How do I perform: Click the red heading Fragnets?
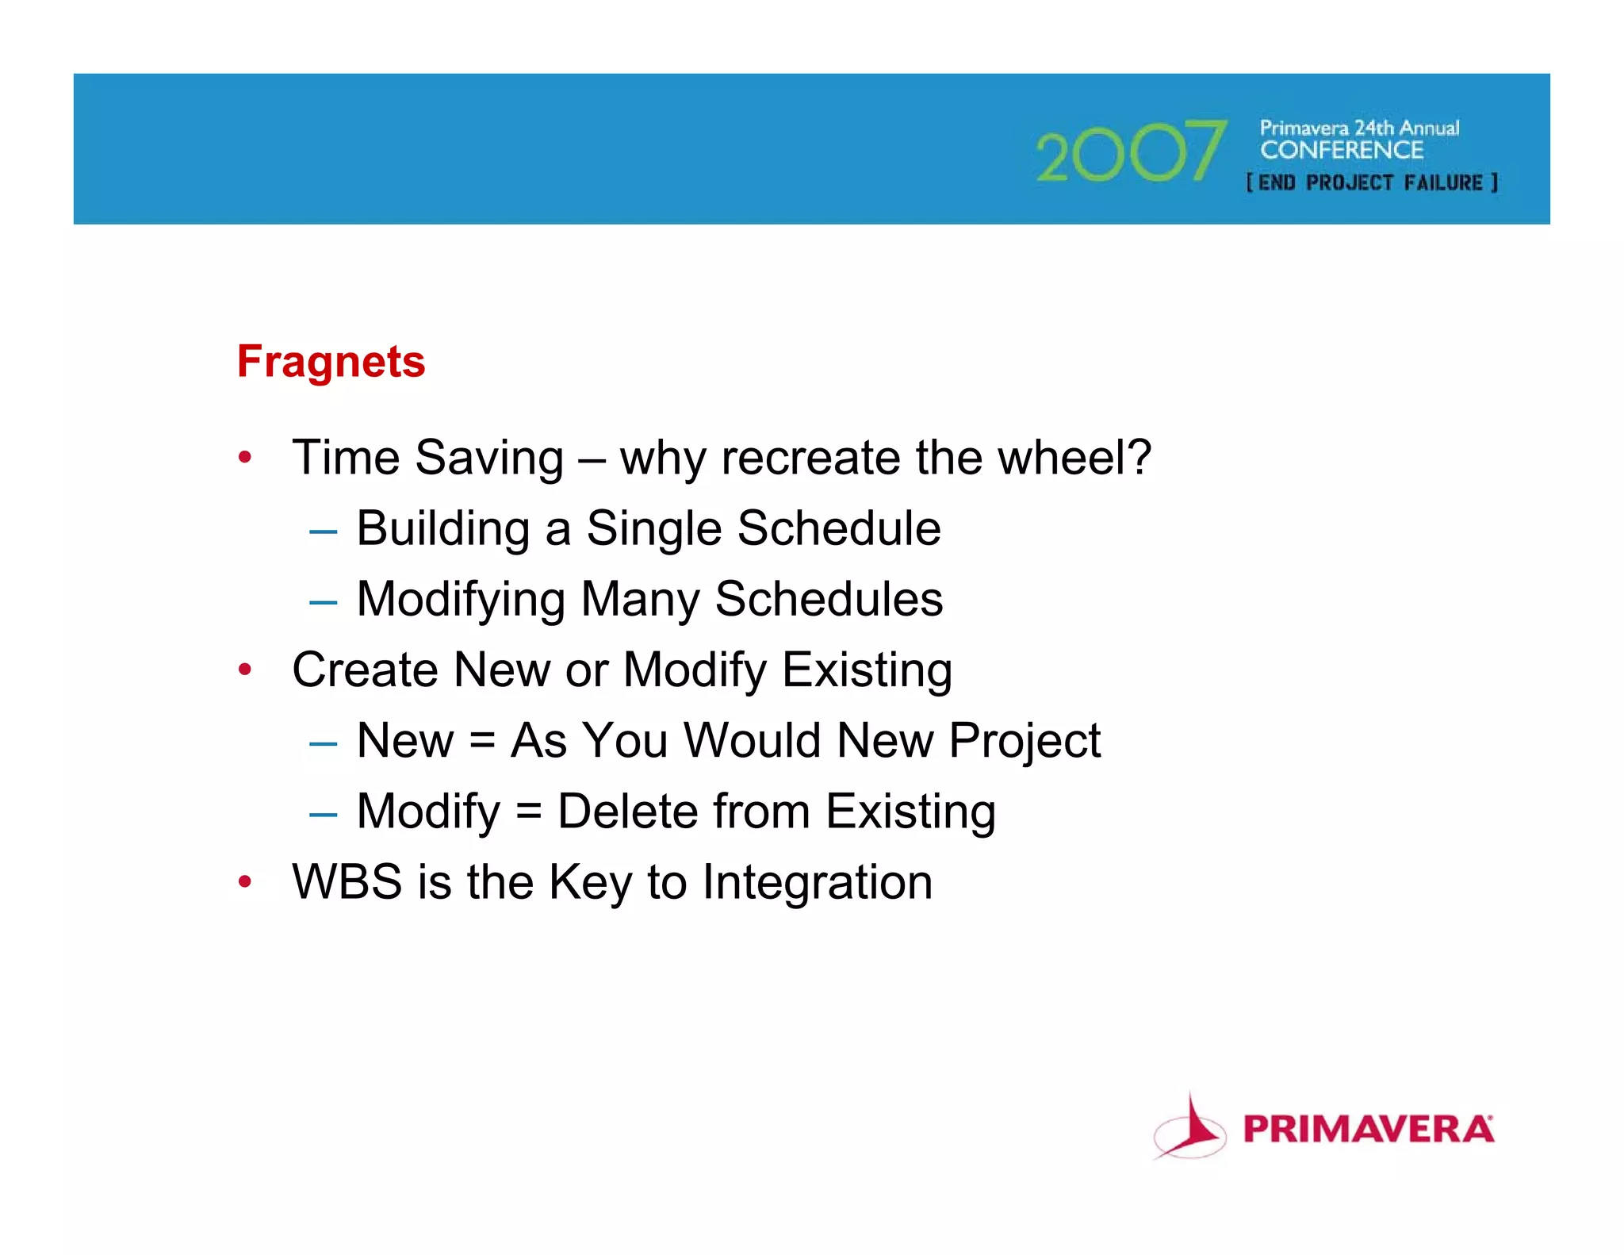click(331, 362)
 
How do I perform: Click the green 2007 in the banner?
click(1131, 152)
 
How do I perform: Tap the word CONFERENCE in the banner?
click(1342, 150)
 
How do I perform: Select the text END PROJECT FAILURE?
click(1372, 183)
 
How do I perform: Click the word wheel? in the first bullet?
click(1074, 458)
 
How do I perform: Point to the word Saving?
click(488, 459)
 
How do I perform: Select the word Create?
click(365, 670)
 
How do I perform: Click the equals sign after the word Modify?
click(529, 812)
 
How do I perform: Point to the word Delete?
click(627, 812)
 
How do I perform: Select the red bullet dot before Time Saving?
click(245, 458)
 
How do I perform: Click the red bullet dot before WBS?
click(245, 881)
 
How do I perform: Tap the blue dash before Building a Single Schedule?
click(323, 531)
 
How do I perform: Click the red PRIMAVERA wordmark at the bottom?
click(1368, 1130)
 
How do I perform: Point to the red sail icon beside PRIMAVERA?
click(1189, 1130)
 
